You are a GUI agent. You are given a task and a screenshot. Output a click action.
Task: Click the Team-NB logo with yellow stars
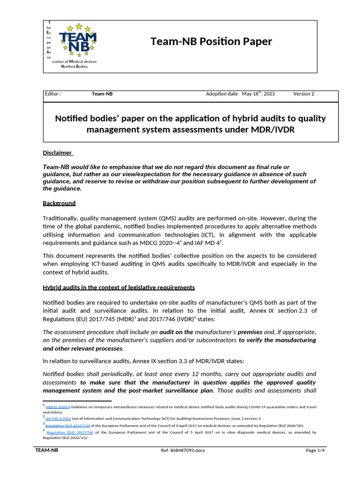pos(78,40)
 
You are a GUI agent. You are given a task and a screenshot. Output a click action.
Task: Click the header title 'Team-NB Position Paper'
pos(211,41)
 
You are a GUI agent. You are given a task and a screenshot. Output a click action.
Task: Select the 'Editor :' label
pos(52,94)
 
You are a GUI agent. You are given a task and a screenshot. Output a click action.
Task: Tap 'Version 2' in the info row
pos(304,94)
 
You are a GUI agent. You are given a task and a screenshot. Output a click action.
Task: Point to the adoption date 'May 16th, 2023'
pos(258,94)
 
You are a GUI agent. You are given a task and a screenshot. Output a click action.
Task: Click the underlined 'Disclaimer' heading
pos(58,152)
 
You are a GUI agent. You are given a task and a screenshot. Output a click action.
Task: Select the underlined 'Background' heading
pos(59,203)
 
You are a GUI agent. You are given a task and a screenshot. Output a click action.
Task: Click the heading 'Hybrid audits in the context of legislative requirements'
pos(119,287)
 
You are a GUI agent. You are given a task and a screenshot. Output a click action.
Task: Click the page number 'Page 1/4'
pos(315,450)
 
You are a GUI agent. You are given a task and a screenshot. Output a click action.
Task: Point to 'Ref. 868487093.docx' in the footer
pos(183,450)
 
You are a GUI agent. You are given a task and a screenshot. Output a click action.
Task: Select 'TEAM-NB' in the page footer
pos(47,450)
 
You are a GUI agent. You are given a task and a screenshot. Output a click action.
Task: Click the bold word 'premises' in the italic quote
pos(250,332)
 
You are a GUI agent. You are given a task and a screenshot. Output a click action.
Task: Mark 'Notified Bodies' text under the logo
pos(75,67)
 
